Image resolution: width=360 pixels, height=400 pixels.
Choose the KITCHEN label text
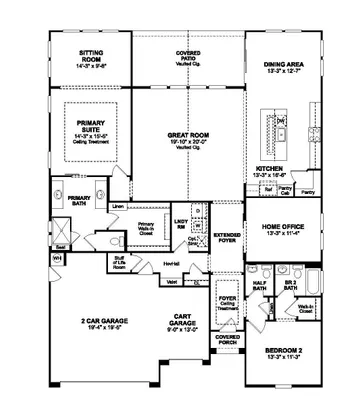coord(271,169)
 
